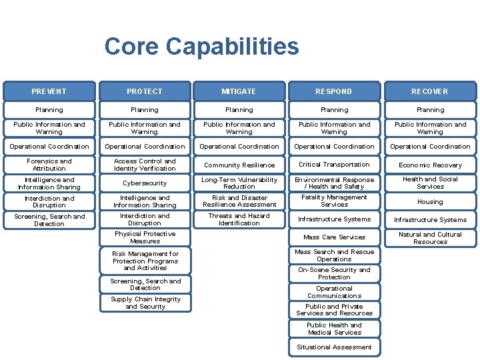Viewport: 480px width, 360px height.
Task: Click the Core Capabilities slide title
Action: (201, 47)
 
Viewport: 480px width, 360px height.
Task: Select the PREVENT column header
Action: (49, 91)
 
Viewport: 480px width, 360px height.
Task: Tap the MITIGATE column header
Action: (239, 91)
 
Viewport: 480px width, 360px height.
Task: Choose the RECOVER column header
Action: (430, 91)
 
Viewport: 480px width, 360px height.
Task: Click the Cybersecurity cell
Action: (145, 183)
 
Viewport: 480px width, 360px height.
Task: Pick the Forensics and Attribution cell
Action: (49, 165)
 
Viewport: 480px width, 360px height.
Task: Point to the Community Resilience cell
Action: (239, 165)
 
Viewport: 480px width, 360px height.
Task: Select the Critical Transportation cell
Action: (335, 165)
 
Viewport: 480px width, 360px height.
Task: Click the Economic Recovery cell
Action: (430, 165)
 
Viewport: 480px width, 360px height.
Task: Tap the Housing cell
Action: (430, 201)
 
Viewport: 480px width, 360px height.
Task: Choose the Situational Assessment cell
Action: (335, 347)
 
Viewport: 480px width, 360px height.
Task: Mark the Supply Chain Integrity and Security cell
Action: (145, 303)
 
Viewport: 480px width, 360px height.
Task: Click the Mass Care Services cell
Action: (335, 237)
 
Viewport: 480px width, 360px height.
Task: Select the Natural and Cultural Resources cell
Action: (430, 238)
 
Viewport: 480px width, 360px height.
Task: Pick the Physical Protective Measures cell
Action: (145, 237)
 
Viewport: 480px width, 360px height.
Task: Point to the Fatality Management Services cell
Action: (335, 201)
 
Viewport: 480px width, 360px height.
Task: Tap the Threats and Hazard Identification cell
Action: (239, 219)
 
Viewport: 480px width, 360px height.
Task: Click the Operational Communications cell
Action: (335, 292)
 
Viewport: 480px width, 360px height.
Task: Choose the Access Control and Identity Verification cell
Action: (145, 165)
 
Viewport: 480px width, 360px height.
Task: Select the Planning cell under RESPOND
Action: (335, 110)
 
